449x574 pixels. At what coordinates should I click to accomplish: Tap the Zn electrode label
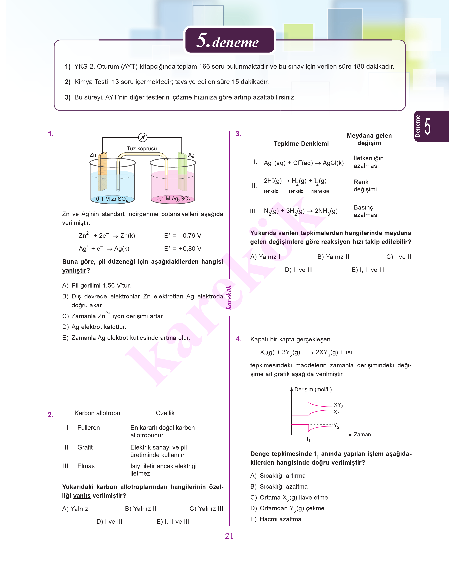tap(93, 155)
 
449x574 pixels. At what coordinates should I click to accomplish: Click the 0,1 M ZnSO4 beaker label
tap(112, 199)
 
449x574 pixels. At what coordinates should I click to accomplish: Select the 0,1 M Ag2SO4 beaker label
tap(173, 199)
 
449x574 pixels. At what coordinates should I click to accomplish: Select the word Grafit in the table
tap(85, 447)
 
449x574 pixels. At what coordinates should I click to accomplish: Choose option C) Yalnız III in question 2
tap(206, 509)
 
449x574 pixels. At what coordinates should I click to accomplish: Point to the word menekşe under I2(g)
tap(320, 191)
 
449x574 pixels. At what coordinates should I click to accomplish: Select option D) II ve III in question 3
tap(299, 270)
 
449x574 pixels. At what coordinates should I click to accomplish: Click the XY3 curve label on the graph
tap(338, 405)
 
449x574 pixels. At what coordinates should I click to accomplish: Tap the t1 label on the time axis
tap(308, 439)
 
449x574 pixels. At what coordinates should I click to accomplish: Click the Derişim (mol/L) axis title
tap(313, 389)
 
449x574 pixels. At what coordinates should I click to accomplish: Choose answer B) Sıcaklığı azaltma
tap(279, 487)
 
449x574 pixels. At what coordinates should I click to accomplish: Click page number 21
tap(229, 536)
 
